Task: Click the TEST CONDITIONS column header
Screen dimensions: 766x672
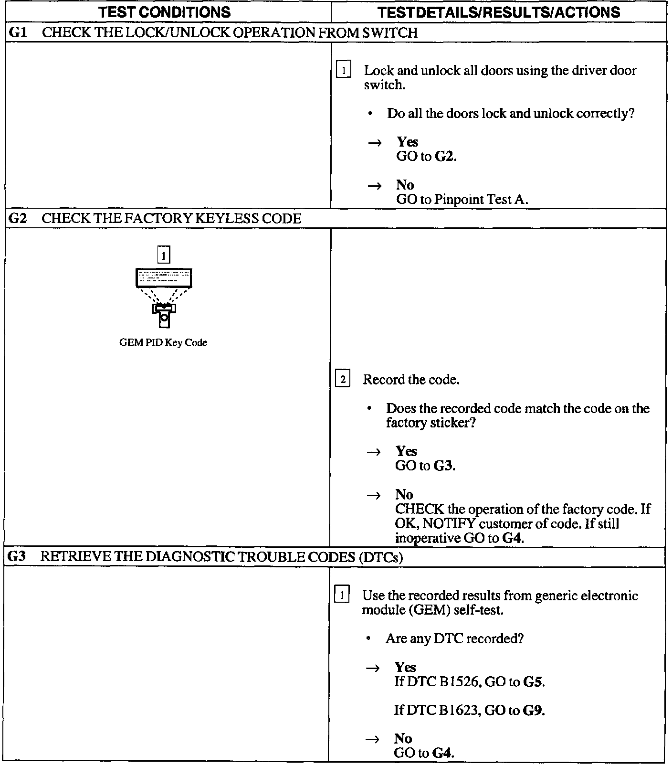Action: pyautogui.click(x=165, y=12)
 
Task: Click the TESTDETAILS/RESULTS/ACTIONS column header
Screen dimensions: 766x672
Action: pyautogui.click(x=499, y=12)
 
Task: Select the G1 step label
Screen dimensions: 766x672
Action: pyautogui.click(x=18, y=32)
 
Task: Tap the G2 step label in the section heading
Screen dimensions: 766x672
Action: pyautogui.click(x=18, y=218)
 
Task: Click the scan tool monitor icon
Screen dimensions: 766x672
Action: pyautogui.click(x=164, y=278)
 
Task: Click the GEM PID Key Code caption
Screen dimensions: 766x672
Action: pyautogui.click(x=163, y=342)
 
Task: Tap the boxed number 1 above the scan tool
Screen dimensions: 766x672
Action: pyautogui.click(x=164, y=255)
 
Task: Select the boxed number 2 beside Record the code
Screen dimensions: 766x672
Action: pyautogui.click(x=343, y=380)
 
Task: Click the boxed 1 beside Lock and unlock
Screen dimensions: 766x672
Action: pyautogui.click(x=344, y=71)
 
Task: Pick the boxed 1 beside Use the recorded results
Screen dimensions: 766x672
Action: pyautogui.click(x=342, y=596)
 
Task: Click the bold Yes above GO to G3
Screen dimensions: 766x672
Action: pyautogui.click(x=406, y=451)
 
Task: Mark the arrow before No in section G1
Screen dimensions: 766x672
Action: pyautogui.click(x=375, y=186)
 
